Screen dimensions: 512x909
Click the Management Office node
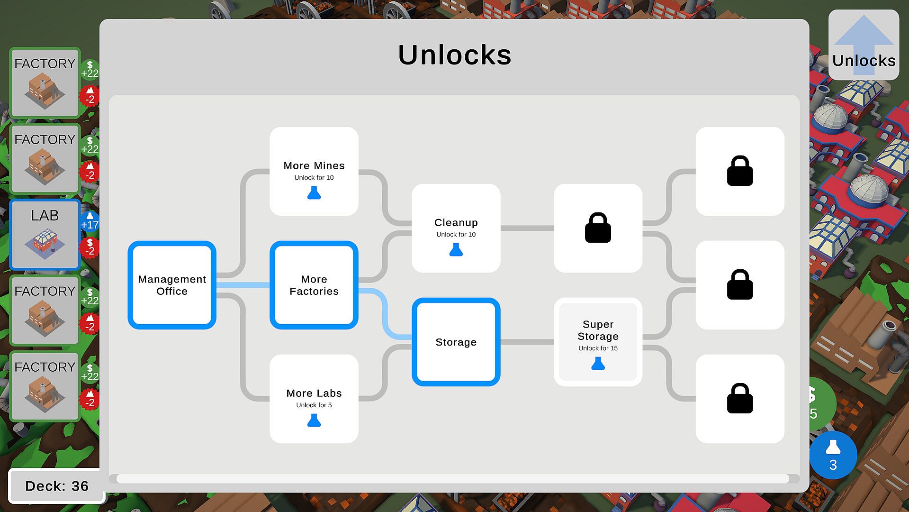click(172, 285)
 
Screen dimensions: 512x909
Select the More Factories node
click(314, 285)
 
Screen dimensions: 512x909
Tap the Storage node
click(456, 342)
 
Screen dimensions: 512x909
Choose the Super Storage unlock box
click(598, 342)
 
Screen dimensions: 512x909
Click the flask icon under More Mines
click(314, 193)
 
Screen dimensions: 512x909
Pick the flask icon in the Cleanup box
click(456, 250)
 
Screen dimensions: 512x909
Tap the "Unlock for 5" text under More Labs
click(314, 405)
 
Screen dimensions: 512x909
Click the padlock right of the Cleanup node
click(598, 228)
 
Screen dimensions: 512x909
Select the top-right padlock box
click(740, 171)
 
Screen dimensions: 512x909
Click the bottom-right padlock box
click(740, 399)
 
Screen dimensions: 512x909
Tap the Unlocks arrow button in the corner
click(864, 45)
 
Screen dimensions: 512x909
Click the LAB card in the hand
click(45, 235)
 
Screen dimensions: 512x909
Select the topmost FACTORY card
click(45, 83)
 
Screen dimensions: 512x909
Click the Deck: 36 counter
click(56, 486)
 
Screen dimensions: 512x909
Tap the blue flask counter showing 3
click(833, 455)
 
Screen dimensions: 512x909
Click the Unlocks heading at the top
click(454, 55)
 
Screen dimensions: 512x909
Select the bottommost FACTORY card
click(45, 386)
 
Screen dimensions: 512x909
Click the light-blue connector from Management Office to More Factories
click(243, 285)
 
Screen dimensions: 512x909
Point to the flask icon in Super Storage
click(598, 364)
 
